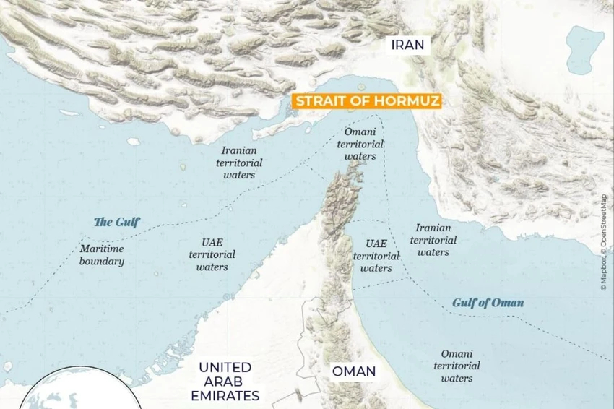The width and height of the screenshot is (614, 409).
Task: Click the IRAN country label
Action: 407,45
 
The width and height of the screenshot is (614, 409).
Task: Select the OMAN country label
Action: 353,371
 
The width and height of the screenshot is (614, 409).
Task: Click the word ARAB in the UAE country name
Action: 225,381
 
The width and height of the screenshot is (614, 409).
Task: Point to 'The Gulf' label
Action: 117,222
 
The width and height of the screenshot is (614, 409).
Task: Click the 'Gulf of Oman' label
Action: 488,302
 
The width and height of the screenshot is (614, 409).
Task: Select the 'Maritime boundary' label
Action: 101,255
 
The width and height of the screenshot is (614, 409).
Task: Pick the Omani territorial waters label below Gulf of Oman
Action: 457,366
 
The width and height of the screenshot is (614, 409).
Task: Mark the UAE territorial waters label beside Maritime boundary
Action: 212,255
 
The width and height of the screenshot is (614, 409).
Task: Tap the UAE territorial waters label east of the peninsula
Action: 376,256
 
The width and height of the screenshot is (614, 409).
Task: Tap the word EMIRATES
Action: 225,395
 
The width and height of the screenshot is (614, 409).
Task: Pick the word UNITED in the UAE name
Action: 225,367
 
